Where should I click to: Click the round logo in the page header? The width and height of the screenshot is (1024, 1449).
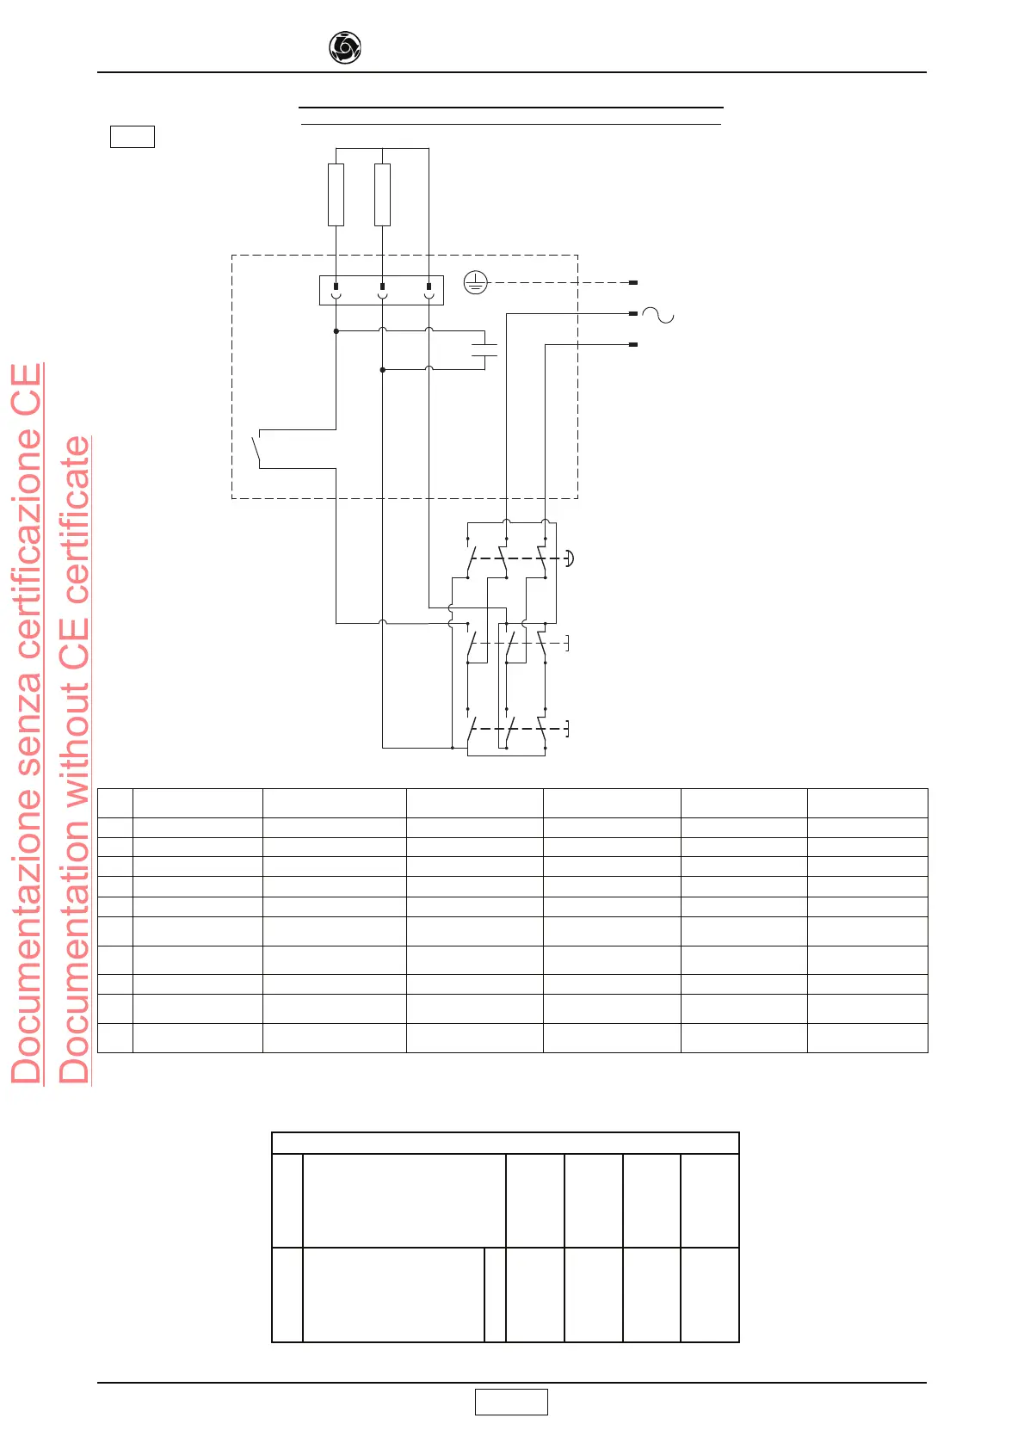(x=345, y=48)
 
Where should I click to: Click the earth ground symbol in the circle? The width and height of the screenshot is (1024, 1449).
(x=476, y=282)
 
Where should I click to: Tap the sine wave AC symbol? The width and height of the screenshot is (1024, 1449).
(x=658, y=315)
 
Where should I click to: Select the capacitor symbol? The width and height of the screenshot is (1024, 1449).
(x=485, y=349)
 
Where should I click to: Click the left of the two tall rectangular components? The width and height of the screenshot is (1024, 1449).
(x=336, y=194)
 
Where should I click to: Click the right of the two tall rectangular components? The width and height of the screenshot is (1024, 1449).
(x=383, y=194)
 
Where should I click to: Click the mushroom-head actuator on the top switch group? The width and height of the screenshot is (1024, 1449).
(x=569, y=558)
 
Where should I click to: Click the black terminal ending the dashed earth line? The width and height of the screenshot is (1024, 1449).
(x=633, y=282)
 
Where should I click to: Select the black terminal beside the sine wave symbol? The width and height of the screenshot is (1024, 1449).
(x=633, y=314)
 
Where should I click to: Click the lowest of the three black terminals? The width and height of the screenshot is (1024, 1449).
(x=633, y=345)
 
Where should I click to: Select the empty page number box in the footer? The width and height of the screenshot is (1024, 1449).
(x=511, y=1402)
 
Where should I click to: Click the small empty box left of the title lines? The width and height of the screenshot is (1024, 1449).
(x=133, y=137)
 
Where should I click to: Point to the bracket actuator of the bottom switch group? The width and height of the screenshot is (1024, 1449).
(x=566, y=730)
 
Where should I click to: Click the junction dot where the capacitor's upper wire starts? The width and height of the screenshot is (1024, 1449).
(x=336, y=331)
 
